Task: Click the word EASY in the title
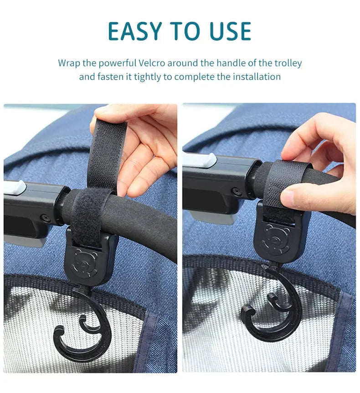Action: tap(135, 31)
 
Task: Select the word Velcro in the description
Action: tap(152, 63)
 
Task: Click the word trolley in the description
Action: tap(288, 63)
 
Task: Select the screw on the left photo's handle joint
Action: tap(46, 217)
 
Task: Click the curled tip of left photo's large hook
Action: tap(59, 331)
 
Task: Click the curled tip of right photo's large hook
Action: tap(247, 311)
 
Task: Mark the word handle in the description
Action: tap(231, 63)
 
